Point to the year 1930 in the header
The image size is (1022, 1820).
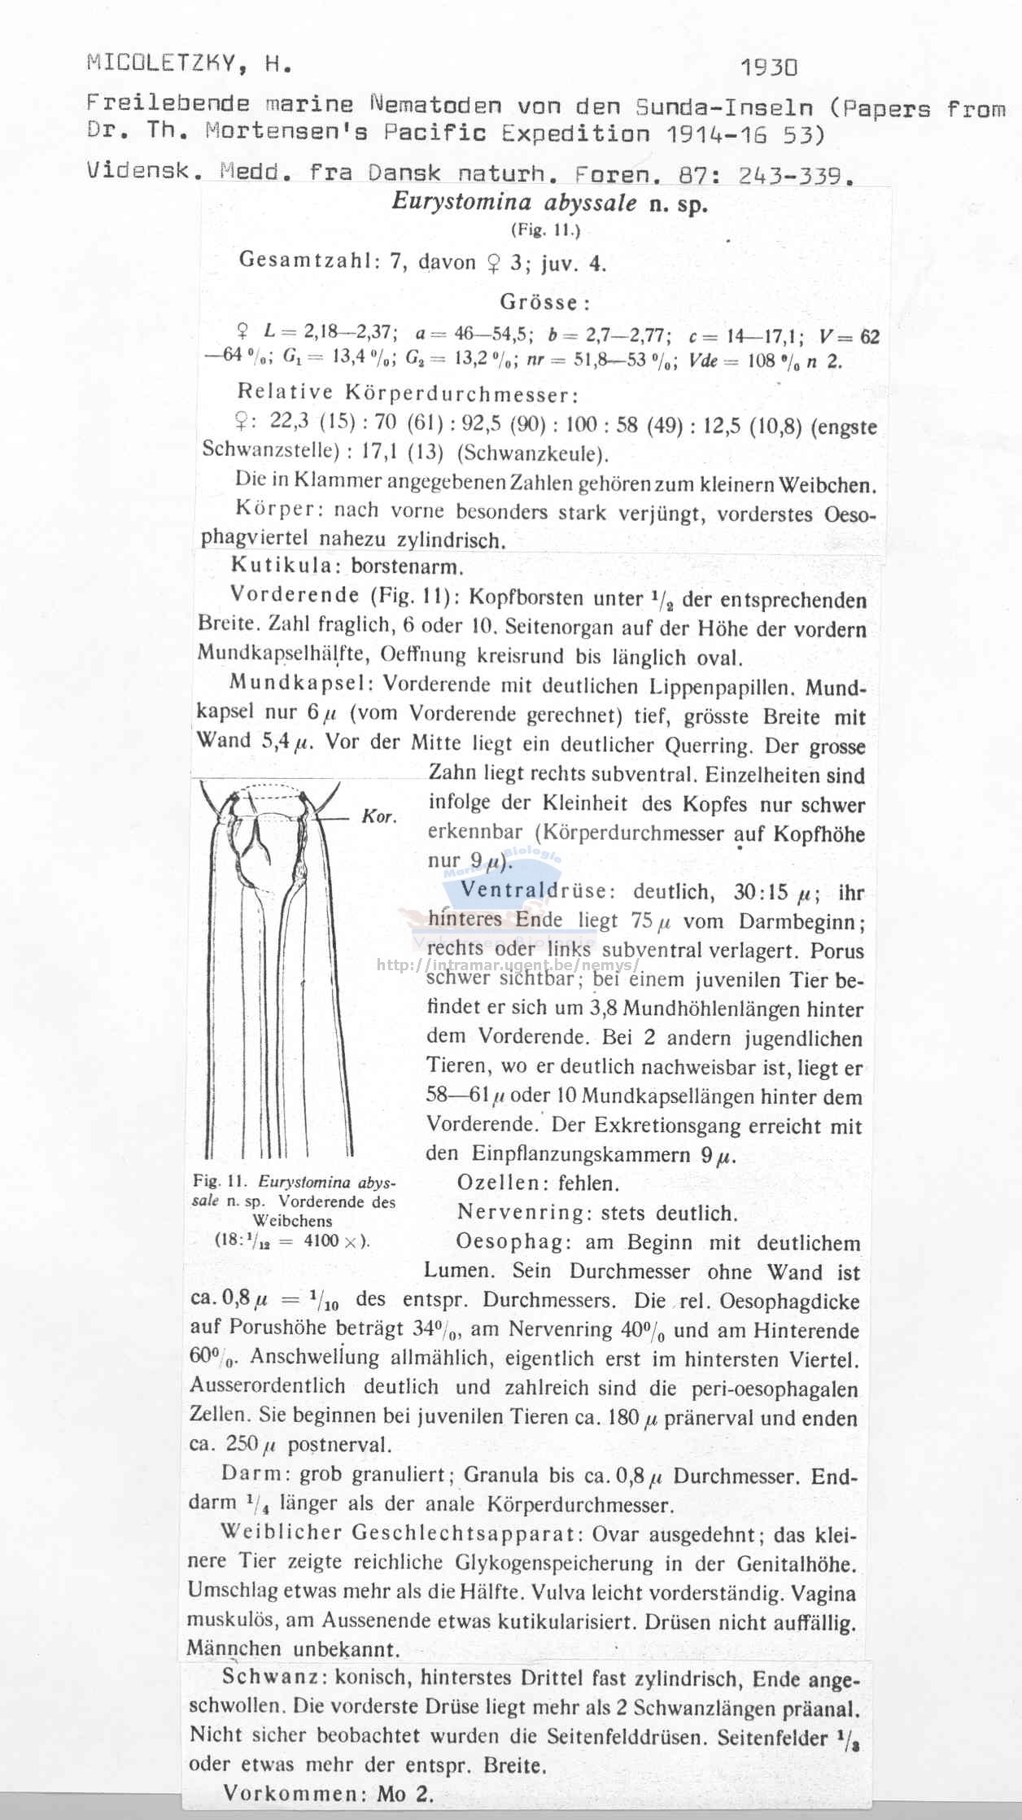[x=770, y=67]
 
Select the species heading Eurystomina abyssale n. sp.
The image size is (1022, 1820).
[x=550, y=203]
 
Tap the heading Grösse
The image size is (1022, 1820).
[x=544, y=303]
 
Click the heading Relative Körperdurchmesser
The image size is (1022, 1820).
[x=408, y=393]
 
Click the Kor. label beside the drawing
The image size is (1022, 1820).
[x=379, y=816]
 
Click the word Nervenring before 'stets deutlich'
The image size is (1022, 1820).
[x=525, y=1213]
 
